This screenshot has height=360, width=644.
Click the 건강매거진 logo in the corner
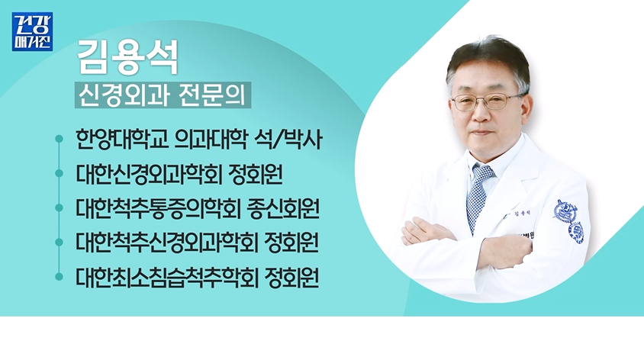[33, 31]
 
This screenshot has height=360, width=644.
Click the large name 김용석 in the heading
[128, 57]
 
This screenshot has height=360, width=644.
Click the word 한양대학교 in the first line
[122, 139]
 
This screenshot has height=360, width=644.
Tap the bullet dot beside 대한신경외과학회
[60, 174]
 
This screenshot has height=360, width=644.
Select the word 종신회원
[283, 208]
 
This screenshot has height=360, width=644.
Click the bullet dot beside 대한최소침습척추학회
[60, 277]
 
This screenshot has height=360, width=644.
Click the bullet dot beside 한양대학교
[60, 139]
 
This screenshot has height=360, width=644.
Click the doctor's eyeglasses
[487, 101]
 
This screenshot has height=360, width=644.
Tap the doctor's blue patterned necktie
[478, 197]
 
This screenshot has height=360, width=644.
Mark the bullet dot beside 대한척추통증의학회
[60, 208]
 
